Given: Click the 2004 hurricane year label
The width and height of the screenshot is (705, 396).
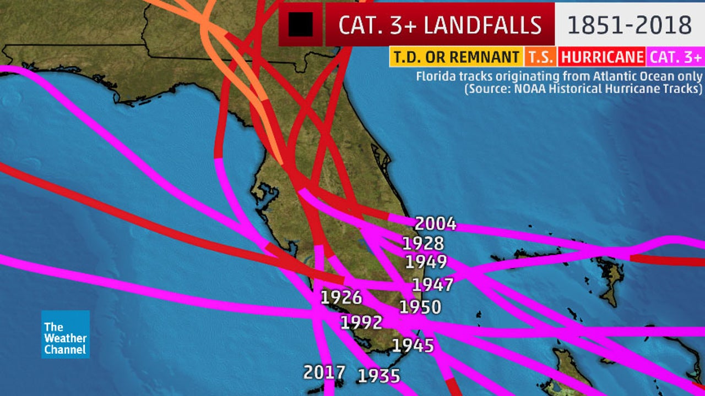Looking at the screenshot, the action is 435,224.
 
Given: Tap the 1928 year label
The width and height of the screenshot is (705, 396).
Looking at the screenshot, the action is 423,244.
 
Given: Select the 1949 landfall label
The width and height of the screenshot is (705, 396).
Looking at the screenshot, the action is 426,262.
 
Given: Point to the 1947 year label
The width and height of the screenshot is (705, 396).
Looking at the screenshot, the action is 432,285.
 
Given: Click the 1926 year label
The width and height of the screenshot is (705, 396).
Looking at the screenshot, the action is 341,298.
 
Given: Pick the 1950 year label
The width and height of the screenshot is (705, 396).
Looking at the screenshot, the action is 420,307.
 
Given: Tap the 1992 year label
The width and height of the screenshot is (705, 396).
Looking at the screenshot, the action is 361,322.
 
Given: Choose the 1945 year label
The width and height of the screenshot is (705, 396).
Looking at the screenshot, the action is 413,345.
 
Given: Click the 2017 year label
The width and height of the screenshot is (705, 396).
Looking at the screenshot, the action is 324,372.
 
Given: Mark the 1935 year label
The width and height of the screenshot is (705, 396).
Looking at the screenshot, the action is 378,376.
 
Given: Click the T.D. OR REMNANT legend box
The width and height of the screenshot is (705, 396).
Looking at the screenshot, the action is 455,57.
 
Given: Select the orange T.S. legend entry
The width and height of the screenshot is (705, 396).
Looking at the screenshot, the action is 540,57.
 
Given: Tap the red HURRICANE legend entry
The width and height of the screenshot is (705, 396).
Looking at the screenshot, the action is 602,57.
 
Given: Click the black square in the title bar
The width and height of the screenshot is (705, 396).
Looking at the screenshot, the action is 301,25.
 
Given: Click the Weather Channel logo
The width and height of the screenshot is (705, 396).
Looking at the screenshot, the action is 65,334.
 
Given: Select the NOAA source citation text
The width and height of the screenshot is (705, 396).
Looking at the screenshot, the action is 583,88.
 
